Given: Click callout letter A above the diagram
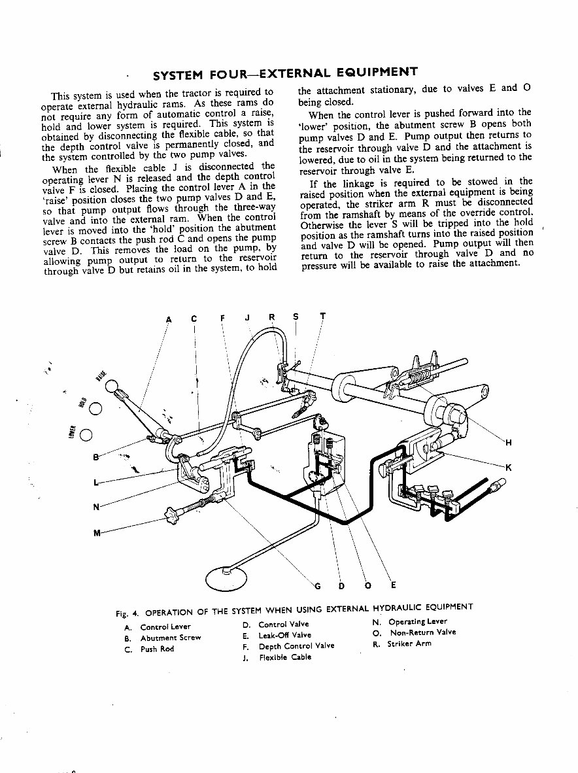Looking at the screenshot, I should pos(168,319).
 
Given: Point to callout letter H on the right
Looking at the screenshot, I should pos(509,443).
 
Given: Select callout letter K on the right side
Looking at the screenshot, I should pos(509,466).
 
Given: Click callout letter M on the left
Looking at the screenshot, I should pos(97,532).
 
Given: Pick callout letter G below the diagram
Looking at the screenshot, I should pos(318,585).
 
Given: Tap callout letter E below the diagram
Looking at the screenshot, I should pos(392,585).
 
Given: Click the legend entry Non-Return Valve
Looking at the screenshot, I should pos(422,632).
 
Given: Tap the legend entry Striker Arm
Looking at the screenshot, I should pos(409,644).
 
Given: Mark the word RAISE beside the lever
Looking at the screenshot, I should pos(100,374).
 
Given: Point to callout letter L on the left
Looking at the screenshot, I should pos(97,483).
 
